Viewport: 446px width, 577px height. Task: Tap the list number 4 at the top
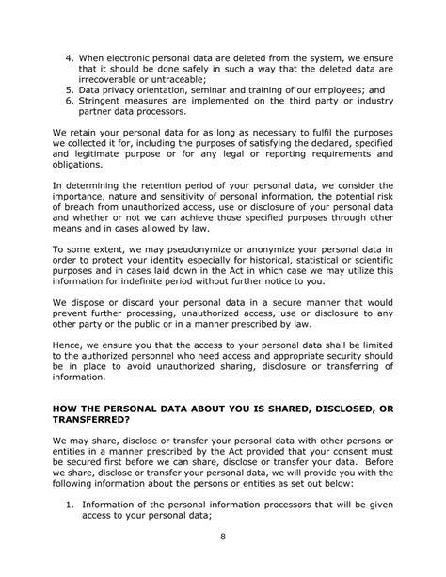[x=69, y=45]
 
